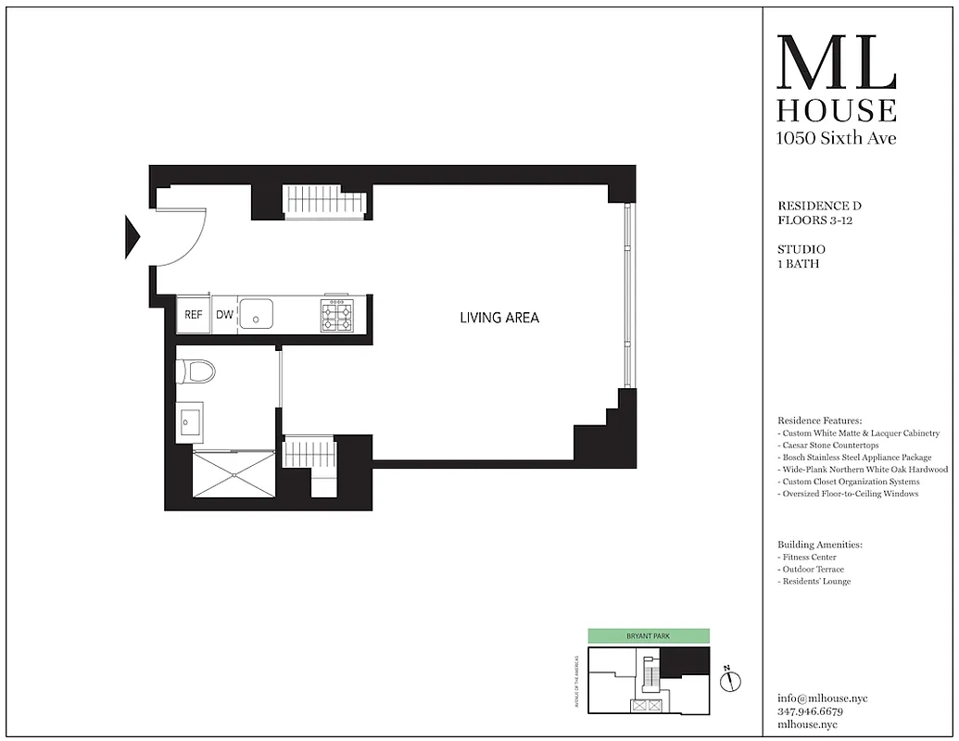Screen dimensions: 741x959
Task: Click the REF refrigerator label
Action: coord(193,315)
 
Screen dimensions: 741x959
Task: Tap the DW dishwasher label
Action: coord(224,315)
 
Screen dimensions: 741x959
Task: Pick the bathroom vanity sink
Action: coord(190,422)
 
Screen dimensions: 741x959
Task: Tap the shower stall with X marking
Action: coord(233,474)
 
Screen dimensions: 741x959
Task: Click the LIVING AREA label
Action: coord(499,318)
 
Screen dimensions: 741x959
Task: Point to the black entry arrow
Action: coord(132,236)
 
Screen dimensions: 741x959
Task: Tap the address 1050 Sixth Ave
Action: coord(836,138)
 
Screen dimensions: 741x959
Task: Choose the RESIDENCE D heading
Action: coord(819,206)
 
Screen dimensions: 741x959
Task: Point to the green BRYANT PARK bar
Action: coord(649,636)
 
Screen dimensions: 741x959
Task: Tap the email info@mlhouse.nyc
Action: coord(823,698)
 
